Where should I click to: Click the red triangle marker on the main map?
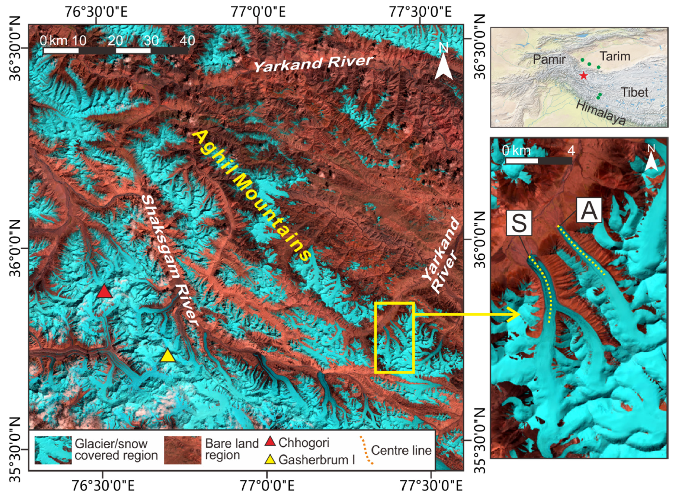click(x=105, y=292)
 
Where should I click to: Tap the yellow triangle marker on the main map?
click(x=168, y=356)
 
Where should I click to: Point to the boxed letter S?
click(x=519, y=223)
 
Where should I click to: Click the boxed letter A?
click(x=589, y=210)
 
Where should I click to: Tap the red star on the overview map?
click(x=583, y=75)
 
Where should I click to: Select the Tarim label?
click(x=615, y=56)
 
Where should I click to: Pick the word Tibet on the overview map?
click(x=634, y=92)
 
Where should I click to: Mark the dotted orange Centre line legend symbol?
click(x=366, y=450)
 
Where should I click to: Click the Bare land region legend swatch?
click(x=182, y=450)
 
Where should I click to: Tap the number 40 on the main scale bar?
click(x=187, y=41)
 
